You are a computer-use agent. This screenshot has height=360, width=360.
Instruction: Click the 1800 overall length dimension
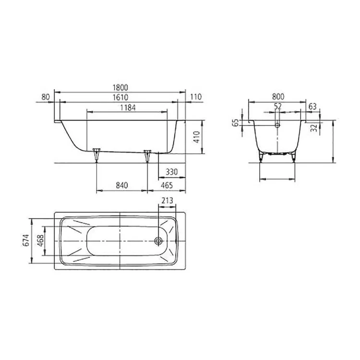pyautogui.click(x=120, y=87)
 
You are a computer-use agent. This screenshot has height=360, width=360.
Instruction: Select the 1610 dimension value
pyautogui.click(x=120, y=97)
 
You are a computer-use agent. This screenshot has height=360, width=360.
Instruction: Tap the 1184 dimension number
pyautogui.click(x=128, y=108)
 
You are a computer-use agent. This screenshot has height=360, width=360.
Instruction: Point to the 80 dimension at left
pyautogui.click(x=46, y=97)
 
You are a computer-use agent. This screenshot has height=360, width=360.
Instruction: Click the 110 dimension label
pyautogui.click(x=196, y=97)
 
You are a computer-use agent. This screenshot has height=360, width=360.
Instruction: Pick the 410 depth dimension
pyautogui.click(x=197, y=137)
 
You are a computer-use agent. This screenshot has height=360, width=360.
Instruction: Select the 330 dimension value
pyautogui.click(x=172, y=172)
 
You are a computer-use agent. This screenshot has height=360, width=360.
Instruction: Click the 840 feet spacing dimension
pyautogui.click(x=122, y=185)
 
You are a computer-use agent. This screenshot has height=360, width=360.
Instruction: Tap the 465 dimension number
pyautogui.click(x=167, y=185)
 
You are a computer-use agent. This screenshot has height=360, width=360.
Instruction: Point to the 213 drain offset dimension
pyautogui.click(x=167, y=201)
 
